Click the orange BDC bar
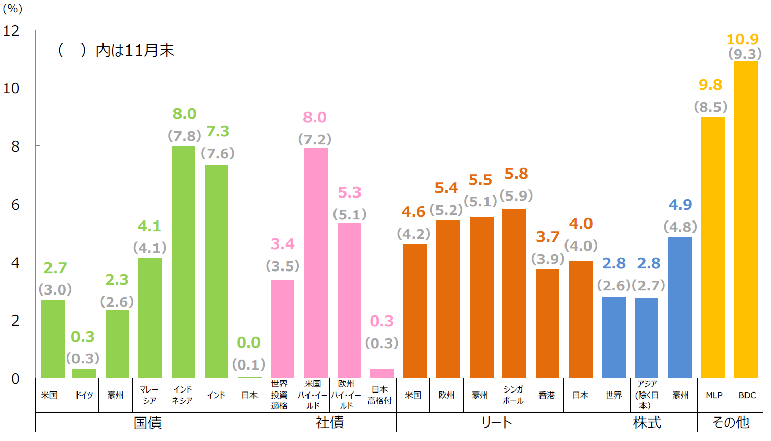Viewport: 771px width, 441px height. (x=746, y=219)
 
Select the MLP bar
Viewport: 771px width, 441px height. (x=712, y=248)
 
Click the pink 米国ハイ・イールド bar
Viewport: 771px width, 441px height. (x=316, y=262)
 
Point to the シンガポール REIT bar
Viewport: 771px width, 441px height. (x=514, y=293)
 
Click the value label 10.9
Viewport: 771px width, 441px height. (x=742, y=39)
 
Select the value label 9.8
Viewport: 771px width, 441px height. (x=710, y=85)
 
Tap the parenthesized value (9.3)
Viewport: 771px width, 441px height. (x=745, y=54)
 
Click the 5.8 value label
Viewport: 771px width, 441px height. (x=516, y=174)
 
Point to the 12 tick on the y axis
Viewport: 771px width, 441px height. (x=11, y=31)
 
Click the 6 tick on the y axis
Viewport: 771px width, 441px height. (x=15, y=205)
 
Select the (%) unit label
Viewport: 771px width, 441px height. (x=13, y=9)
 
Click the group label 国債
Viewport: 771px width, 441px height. (x=147, y=423)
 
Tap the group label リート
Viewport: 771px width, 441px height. (x=496, y=423)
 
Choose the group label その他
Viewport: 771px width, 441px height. (x=730, y=423)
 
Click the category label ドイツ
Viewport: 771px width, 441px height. (x=84, y=395)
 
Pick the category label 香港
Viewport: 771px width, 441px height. (x=547, y=395)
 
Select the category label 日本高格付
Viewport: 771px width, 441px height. (x=379, y=395)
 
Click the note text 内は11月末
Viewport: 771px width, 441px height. (x=135, y=51)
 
